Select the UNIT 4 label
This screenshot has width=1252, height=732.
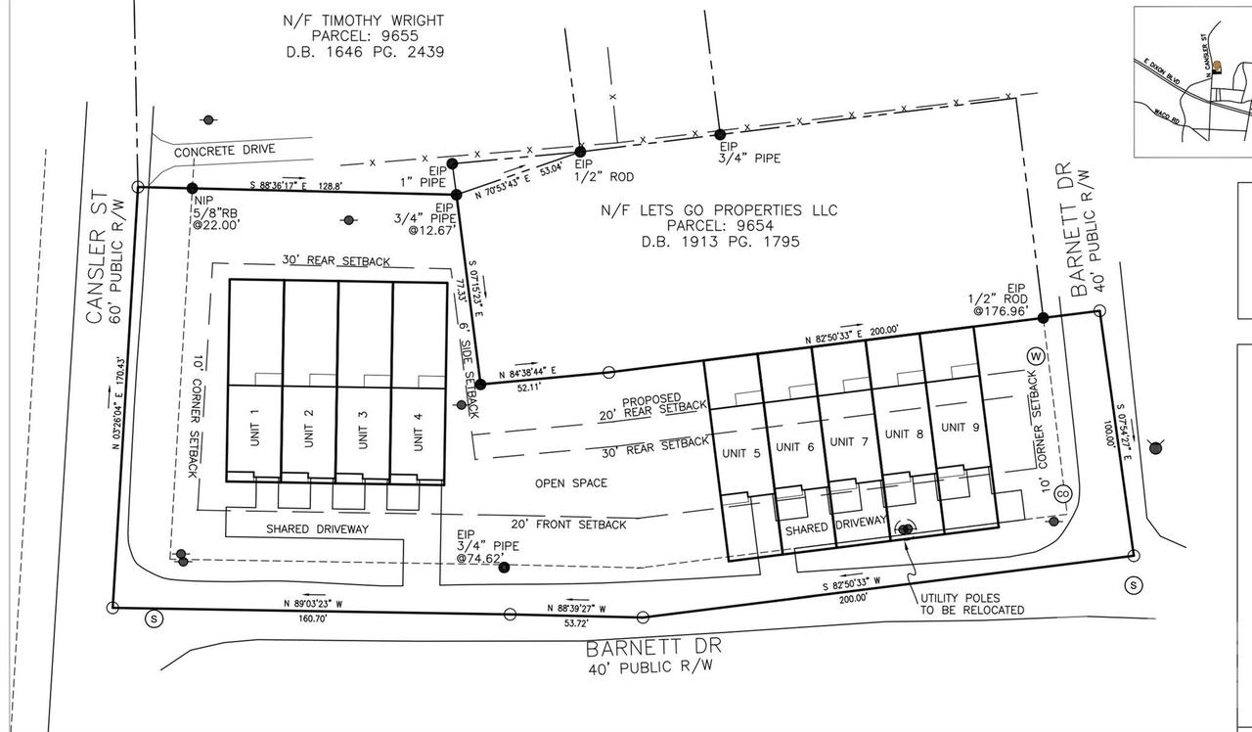(419, 430)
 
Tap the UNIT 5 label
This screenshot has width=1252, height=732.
(740, 453)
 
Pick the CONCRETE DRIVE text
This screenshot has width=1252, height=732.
(224, 151)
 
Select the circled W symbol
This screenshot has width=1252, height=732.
(1034, 355)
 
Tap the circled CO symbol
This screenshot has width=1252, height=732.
(1062, 493)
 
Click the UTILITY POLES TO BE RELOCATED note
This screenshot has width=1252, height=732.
(972, 603)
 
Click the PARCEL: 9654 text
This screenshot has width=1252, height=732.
(720, 226)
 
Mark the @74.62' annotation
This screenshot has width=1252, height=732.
(479, 559)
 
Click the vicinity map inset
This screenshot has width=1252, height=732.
(1192, 81)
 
